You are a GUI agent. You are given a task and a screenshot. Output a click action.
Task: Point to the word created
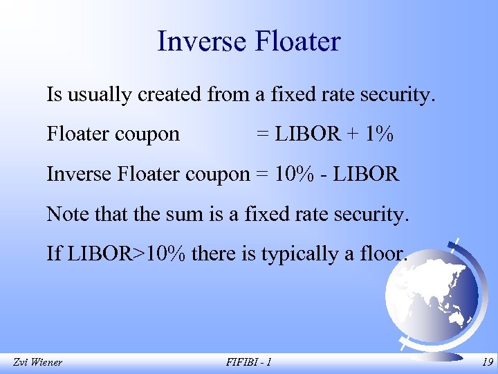coord(169,94)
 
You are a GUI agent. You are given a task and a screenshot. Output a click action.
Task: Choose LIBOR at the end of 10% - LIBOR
coord(365,174)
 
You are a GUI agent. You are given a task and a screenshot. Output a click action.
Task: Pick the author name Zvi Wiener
coord(37,362)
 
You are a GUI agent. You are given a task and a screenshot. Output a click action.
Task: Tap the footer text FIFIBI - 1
coord(249,362)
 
